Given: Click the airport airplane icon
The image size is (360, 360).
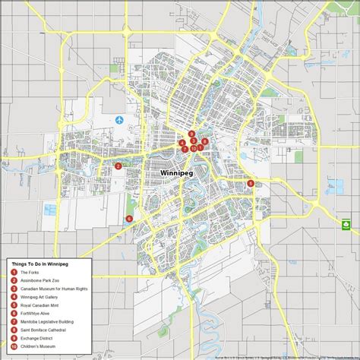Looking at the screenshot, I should click(x=120, y=119).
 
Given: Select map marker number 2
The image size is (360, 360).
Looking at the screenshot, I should click(x=118, y=166).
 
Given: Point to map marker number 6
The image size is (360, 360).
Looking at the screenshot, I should click(x=129, y=219).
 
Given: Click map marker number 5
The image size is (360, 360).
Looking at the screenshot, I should click(x=251, y=183).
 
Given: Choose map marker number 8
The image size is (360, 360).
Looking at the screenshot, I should click(x=205, y=141).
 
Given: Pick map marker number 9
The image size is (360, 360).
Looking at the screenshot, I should click(x=191, y=134).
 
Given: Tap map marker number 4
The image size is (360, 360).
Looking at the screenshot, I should click(x=182, y=143).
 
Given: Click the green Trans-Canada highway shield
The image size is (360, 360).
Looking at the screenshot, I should click(x=346, y=225).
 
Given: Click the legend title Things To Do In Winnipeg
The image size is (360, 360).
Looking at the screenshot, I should click(x=46, y=264).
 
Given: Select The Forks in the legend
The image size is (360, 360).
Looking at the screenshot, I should click(x=30, y=272).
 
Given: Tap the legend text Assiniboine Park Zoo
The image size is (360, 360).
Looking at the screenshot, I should click(x=41, y=279).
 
